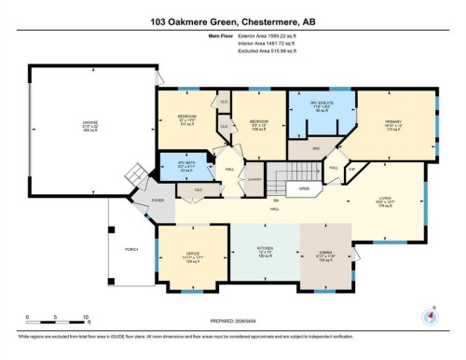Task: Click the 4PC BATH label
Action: pyautogui.click(x=175, y=164)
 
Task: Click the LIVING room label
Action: pyautogui.click(x=384, y=198)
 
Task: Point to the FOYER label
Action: pyautogui.click(x=132, y=200)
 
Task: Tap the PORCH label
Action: pyautogui.click(x=130, y=249)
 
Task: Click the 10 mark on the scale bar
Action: pyautogui.click(x=85, y=318)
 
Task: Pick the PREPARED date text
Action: pyautogui.click(x=232, y=323)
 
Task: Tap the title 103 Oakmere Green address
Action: pyautogui.click(x=232, y=18)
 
